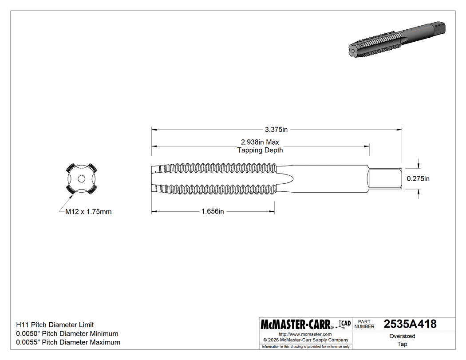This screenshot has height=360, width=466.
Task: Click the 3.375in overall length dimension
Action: tap(276, 130)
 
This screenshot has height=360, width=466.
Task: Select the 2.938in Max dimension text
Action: tap(260, 142)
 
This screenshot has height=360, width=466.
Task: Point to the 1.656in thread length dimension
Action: tap(213, 212)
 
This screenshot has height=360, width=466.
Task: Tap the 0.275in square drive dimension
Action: tap(419, 179)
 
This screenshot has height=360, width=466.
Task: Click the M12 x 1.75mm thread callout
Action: tap(88, 212)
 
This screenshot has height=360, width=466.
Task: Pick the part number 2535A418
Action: tap(410, 324)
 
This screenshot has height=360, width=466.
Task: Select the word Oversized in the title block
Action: tap(402, 336)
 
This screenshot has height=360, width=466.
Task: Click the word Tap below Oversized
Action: tap(402, 344)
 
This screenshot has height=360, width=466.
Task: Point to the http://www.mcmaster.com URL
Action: tap(305, 334)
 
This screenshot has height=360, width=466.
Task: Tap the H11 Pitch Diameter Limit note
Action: tap(55, 325)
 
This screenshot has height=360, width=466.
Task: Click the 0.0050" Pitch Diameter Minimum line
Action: tap(67, 333)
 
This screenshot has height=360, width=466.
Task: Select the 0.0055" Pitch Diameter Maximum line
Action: tap(68, 342)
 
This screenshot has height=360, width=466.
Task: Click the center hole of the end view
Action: tap(81, 178)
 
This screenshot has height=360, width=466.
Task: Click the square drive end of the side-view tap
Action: tap(385, 179)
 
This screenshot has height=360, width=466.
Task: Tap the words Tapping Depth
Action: tap(260, 150)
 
